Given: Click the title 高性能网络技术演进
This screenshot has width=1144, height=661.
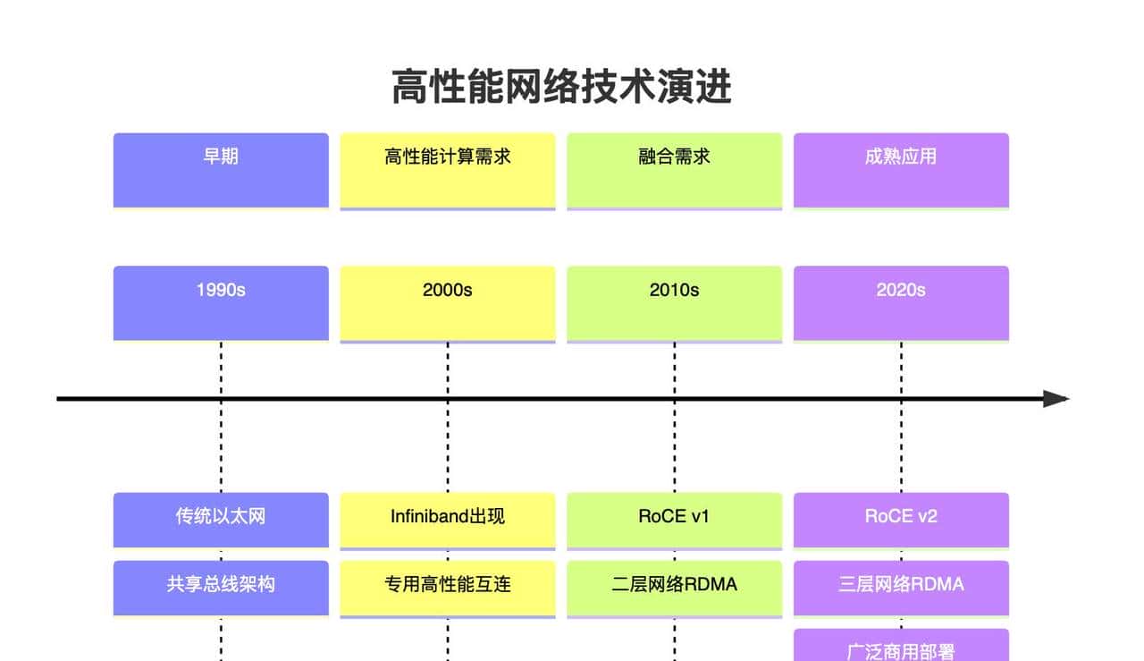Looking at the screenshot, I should tap(561, 88).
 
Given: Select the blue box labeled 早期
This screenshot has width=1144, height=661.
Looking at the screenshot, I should tap(221, 170).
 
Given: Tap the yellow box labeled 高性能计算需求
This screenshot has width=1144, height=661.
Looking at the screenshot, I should tap(448, 170).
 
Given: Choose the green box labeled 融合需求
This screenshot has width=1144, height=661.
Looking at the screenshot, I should tap(675, 170).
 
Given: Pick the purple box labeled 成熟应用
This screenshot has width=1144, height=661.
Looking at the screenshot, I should tap(901, 170).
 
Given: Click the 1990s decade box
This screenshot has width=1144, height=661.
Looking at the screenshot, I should tap(221, 302).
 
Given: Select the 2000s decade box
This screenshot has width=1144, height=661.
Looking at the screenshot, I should tap(448, 302).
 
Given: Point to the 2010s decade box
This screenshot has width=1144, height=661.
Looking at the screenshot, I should tap(675, 302).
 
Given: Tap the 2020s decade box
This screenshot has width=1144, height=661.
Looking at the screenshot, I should tap(901, 302).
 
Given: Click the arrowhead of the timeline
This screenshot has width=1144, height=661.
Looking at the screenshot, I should tap(1056, 399).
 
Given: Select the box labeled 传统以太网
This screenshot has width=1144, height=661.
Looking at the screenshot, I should tap(221, 519).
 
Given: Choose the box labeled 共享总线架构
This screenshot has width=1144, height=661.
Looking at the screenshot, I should tap(221, 587).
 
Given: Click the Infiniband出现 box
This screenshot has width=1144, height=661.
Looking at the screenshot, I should tap(448, 519).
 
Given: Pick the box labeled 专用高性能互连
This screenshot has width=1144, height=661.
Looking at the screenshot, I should tap(448, 587).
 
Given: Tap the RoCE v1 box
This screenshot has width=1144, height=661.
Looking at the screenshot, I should tap(675, 519).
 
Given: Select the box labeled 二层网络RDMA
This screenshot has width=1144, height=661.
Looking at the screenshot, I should tap(675, 587).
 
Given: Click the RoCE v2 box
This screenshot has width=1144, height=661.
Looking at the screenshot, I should tap(901, 519).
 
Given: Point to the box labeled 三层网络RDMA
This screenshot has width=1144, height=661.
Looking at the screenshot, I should tap(901, 587).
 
